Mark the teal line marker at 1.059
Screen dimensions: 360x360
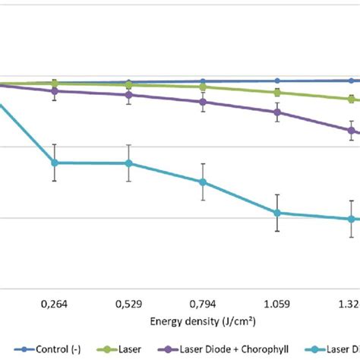(x=277, y=213)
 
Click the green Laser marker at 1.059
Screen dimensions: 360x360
(x=277, y=93)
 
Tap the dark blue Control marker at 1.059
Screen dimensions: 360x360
(x=277, y=81)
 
